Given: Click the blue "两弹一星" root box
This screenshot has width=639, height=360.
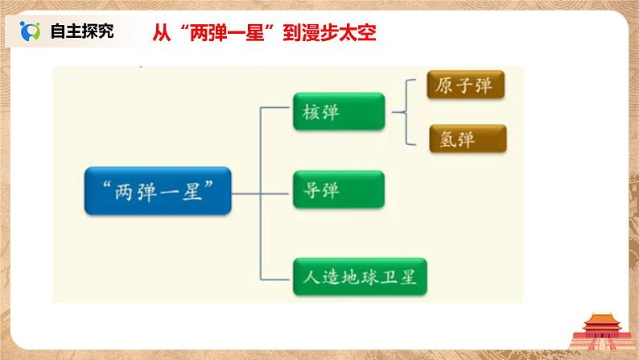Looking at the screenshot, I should tap(158, 191).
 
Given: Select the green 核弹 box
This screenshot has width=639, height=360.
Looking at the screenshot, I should tap(338, 112).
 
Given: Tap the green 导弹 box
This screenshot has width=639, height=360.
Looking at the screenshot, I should tap(338, 191).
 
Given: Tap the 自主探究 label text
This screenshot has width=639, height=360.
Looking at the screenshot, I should tap(81, 31).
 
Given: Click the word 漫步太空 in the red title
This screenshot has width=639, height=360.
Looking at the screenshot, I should tap(344, 32).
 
